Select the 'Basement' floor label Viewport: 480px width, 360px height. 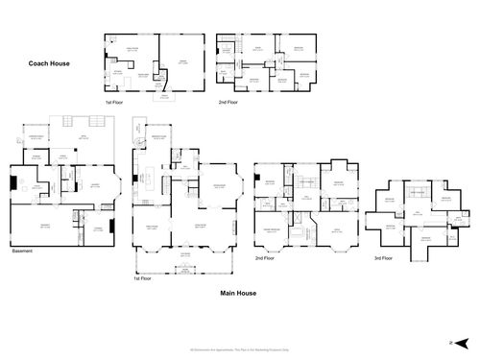point(22,253)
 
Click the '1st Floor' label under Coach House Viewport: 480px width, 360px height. point(115,101)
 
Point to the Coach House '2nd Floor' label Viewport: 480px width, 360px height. point(228,101)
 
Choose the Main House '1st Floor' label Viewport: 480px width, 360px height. point(142,278)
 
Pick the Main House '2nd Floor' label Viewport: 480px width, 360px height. point(266,259)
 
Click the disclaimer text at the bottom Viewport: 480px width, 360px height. point(240,348)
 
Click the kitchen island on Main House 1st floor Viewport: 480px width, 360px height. point(151,178)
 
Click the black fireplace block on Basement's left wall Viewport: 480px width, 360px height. point(12,181)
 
